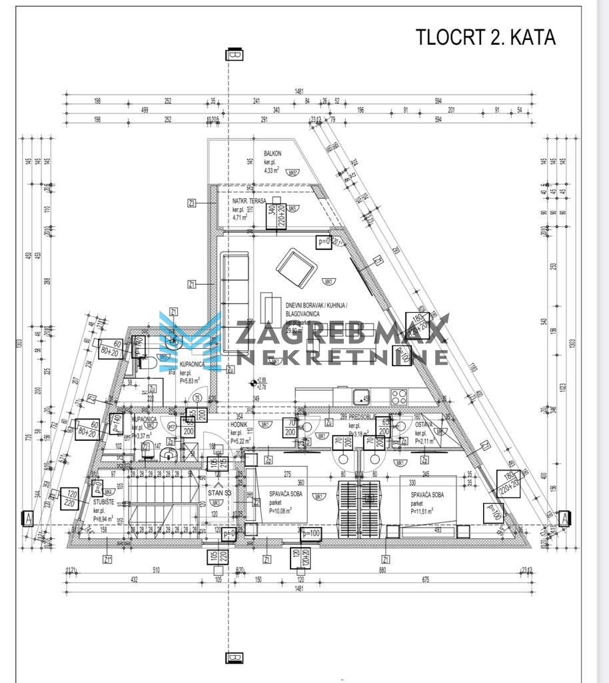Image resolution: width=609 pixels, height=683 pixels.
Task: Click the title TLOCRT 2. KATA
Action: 485,37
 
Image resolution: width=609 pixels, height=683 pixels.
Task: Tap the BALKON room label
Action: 273,153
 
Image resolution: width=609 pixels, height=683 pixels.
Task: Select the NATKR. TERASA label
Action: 249,201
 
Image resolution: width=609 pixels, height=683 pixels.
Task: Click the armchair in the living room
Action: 295,267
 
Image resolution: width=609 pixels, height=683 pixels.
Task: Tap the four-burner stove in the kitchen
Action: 399,396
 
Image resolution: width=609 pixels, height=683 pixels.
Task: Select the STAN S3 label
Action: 219,494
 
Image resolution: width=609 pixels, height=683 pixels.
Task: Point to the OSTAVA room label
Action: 424,424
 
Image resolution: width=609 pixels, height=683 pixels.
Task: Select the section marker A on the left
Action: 28,517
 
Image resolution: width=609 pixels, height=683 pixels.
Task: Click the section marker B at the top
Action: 234,55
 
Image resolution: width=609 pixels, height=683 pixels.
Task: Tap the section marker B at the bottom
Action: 234,658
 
